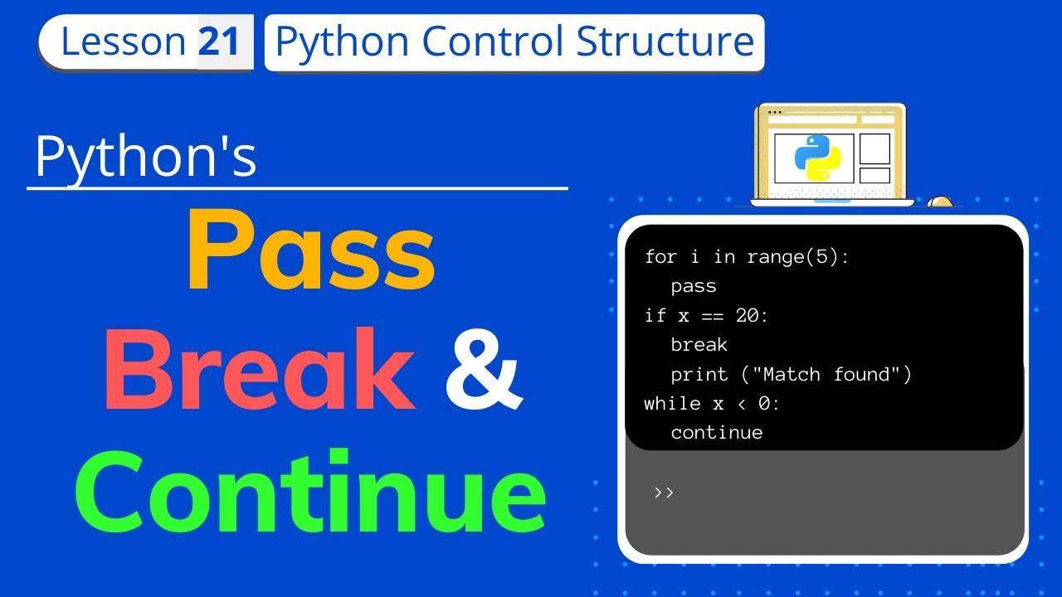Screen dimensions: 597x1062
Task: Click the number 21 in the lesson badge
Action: click(220, 41)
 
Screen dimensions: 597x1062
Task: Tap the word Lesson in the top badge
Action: click(123, 41)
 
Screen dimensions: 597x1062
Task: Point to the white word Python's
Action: click(146, 158)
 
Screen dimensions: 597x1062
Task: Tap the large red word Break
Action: click(259, 371)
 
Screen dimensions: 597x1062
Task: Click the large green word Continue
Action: click(315, 494)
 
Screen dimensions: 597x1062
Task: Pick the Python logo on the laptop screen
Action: click(817, 157)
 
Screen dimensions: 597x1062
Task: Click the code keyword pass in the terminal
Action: click(694, 286)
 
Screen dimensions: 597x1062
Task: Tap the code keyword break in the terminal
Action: click(699, 344)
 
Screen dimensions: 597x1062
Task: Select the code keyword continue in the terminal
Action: click(717, 432)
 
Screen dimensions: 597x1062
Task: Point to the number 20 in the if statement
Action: click(748, 315)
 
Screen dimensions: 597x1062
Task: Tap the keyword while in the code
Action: click(671, 403)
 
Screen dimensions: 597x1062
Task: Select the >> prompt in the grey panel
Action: click(664, 492)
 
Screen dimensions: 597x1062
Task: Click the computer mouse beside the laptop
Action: click(939, 201)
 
